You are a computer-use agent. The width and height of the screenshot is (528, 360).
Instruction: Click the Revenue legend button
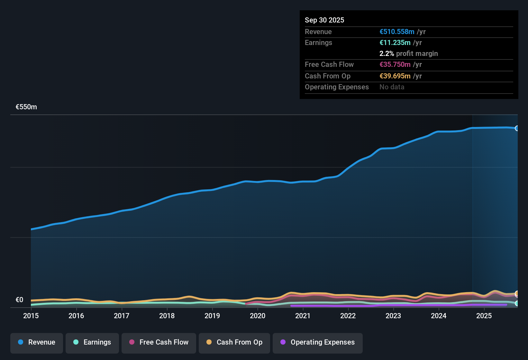coord(37,342)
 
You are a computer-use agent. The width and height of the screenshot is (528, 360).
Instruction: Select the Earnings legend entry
coord(92,342)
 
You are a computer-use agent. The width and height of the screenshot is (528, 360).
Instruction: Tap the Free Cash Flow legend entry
coord(159,342)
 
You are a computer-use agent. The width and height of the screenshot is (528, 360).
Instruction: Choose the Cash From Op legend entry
coord(234,342)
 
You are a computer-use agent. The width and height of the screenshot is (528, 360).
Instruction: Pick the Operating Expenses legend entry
coord(318,342)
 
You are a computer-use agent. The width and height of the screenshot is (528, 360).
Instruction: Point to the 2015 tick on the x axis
coord(31,316)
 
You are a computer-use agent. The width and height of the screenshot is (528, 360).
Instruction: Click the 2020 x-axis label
coord(258,316)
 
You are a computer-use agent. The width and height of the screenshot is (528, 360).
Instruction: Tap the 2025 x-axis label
coord(484,316)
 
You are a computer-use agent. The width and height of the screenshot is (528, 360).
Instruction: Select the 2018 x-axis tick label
coord(167,316)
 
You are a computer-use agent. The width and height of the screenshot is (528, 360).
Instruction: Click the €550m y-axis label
coord(26,107)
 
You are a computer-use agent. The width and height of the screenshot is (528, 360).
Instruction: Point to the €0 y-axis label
coord(20,300)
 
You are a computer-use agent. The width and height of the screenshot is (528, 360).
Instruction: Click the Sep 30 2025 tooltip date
coord(324,20)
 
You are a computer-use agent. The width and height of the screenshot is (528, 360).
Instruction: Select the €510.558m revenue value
coord(397,32)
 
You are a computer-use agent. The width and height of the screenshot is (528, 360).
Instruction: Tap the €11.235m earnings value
coord(395,42)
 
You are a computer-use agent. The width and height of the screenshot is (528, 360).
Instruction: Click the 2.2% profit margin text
coord(408,53)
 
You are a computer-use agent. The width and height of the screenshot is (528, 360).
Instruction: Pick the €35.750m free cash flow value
coord(395,64)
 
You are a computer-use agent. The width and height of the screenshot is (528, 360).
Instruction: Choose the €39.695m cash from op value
coord(395,76)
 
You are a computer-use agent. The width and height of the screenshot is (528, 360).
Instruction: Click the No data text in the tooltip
coord(392,87)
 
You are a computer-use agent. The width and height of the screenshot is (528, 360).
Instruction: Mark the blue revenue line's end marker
coord(517,128)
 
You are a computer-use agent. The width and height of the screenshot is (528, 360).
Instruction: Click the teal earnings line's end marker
coord(517,303)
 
